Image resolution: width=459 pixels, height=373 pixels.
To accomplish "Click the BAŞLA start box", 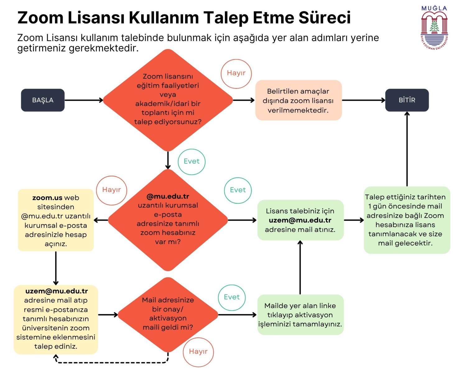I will tap(43, 100).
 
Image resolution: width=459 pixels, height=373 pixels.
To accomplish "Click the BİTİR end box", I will tap(407, 100).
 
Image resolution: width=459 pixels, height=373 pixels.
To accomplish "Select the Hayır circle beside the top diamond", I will tap(236, 73).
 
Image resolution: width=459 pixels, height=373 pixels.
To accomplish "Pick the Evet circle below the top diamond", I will tap(191, 161).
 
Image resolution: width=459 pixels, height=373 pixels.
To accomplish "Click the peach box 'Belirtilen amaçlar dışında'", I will tap(298, 100).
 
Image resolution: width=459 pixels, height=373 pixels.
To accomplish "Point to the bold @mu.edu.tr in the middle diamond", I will tap(168, 196).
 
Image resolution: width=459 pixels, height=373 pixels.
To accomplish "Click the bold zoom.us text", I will tap(47, 198).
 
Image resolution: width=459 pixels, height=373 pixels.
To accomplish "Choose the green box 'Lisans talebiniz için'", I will tap(300, 220).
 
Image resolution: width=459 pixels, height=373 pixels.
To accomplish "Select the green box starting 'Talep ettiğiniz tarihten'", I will tap(407, 220).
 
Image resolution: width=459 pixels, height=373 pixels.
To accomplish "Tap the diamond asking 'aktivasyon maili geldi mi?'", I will tap(168, 314).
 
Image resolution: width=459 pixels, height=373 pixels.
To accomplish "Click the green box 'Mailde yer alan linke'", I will tap(300, 315).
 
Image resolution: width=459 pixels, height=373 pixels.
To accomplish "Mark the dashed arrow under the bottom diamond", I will tap(112, 362).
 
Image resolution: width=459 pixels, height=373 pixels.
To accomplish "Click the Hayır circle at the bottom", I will tap(198, 352).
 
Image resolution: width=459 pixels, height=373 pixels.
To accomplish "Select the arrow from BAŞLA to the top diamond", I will tap(83, 100).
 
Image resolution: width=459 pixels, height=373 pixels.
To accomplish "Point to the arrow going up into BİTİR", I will tap(407, 149).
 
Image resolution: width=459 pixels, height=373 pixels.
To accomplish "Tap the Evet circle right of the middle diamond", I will tap(238, 190).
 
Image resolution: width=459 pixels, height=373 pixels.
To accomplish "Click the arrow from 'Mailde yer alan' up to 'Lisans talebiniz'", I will tap(300, 267).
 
